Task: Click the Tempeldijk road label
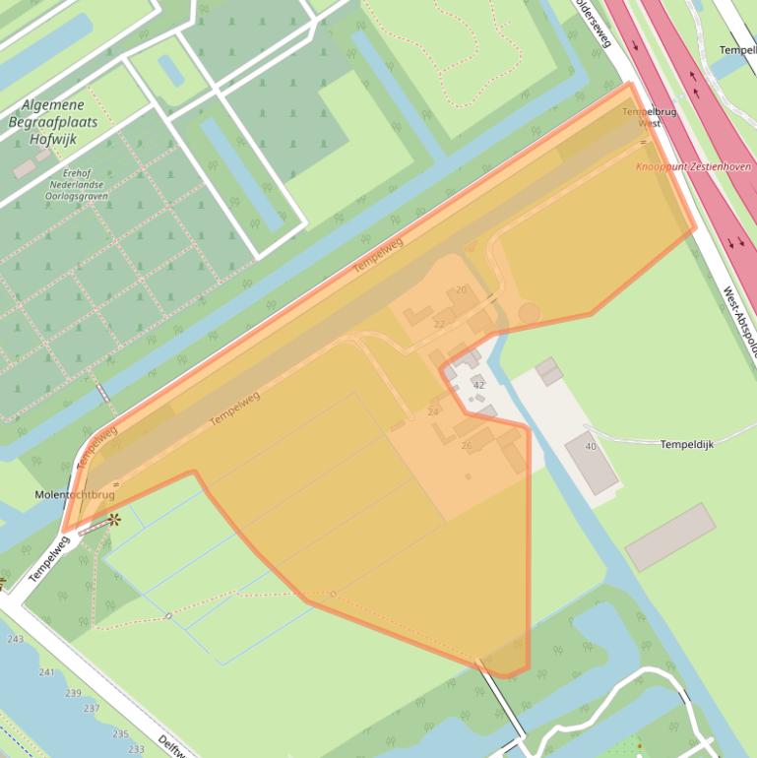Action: pos(686,445)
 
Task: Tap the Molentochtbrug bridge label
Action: pos(75,494)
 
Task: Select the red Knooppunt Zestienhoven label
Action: pos(693,167)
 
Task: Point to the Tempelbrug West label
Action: pos(649,117)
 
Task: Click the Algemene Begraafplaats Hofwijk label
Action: pos(54,122)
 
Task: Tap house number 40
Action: pos(591,447)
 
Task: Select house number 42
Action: pos(478,385)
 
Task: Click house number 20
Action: pos(461,289)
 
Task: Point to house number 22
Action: pos(438,324)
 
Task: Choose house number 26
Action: pos(467,446)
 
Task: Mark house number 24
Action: pos(433,411)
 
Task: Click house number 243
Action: pos(15,639)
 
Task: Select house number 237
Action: pos(92,709)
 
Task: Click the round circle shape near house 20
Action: pos(529,313)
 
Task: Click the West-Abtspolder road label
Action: pos(740,320)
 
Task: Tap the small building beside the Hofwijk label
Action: pos(24,167)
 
